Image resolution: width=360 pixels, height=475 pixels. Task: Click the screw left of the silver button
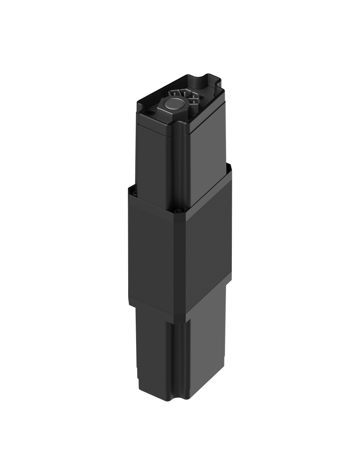[150, 113]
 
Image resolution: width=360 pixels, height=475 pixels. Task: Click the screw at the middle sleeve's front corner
[177, 211]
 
